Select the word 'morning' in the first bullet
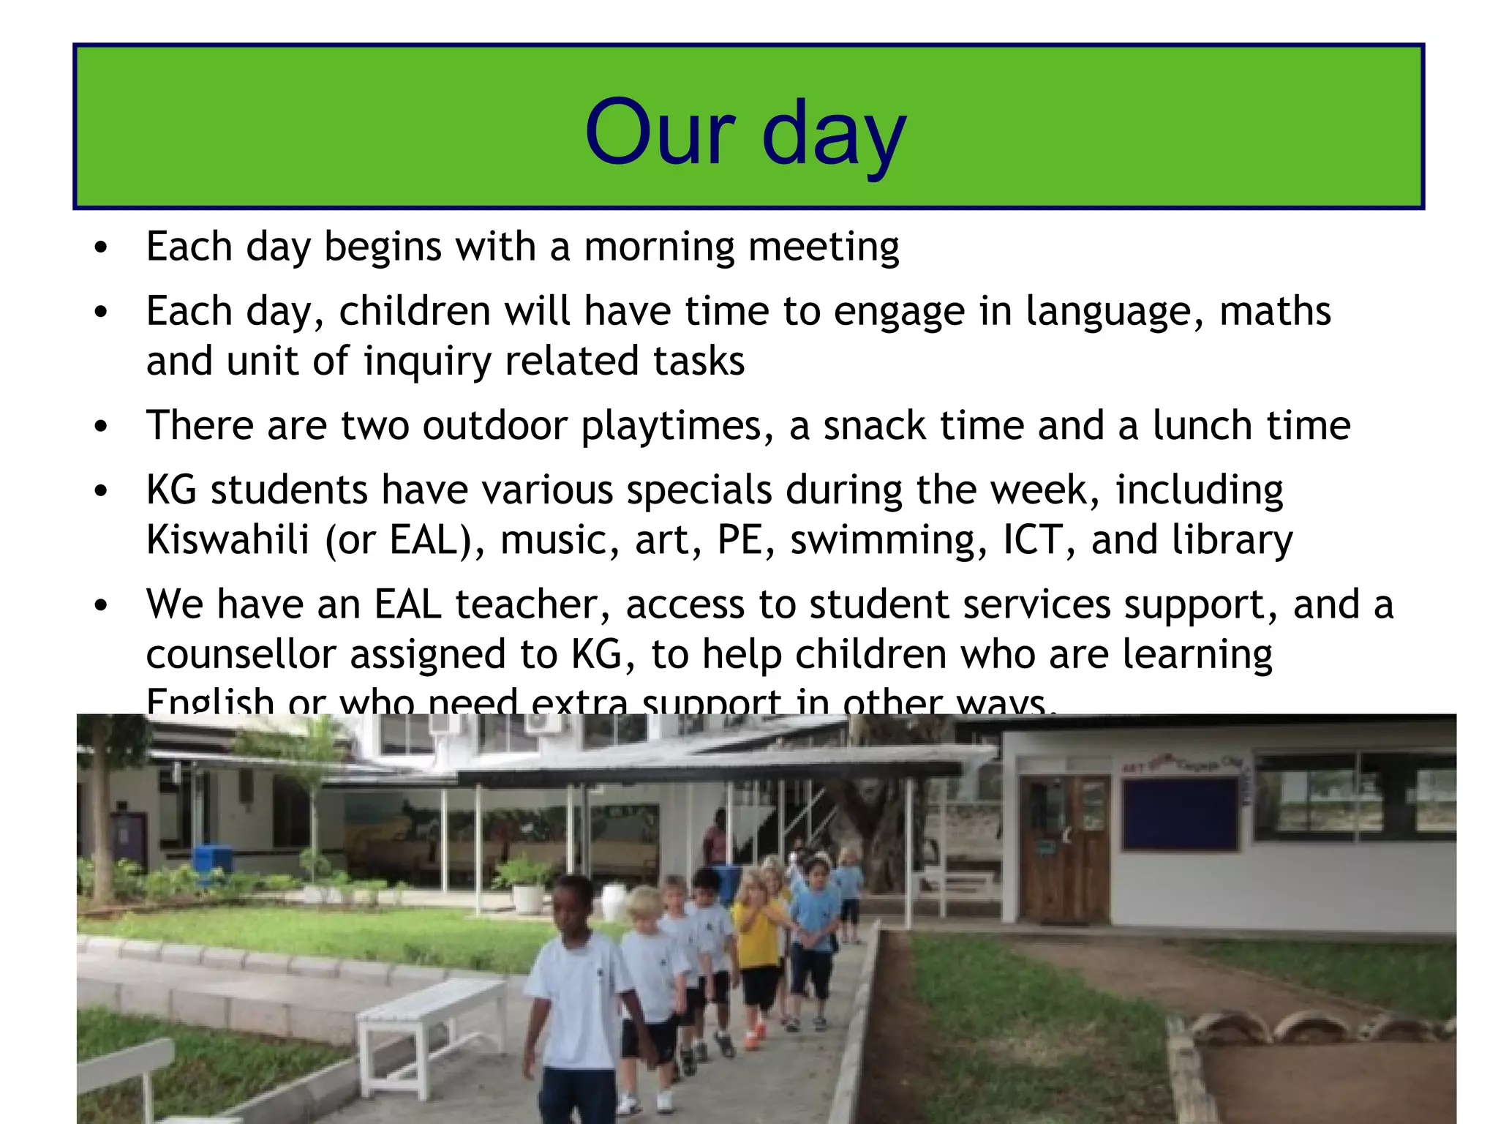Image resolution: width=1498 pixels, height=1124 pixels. (659, 247)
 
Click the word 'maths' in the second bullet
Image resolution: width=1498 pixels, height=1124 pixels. (1275, 311)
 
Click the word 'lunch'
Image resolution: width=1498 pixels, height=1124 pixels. (1202, 425)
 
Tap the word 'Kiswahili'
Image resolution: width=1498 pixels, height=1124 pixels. (227, 540)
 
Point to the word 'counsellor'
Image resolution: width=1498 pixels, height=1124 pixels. (241, 654)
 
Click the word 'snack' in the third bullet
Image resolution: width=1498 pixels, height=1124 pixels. (873, 426)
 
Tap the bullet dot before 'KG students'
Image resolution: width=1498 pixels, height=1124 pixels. (101, 491)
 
